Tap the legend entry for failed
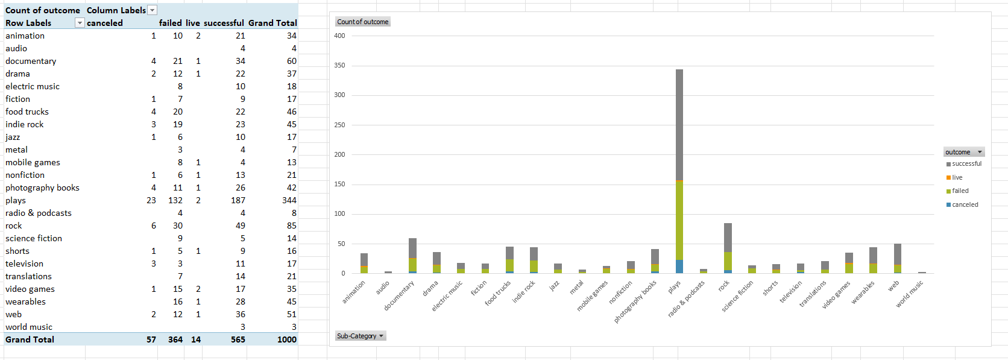coord(960,191)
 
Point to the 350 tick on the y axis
coord(340,66)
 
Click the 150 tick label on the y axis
coord(340,185)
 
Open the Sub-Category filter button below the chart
coord(361,336)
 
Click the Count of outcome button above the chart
coord(363,22)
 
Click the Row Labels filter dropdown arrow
coord(79,23)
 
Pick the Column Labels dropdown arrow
coord(153,10)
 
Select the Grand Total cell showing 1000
coord(287,339)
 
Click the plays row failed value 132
coord(175,200)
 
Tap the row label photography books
coord(42,188)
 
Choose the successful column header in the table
coord(224,23)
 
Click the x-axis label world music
coord(909,294)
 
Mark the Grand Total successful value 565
coord(238,339)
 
